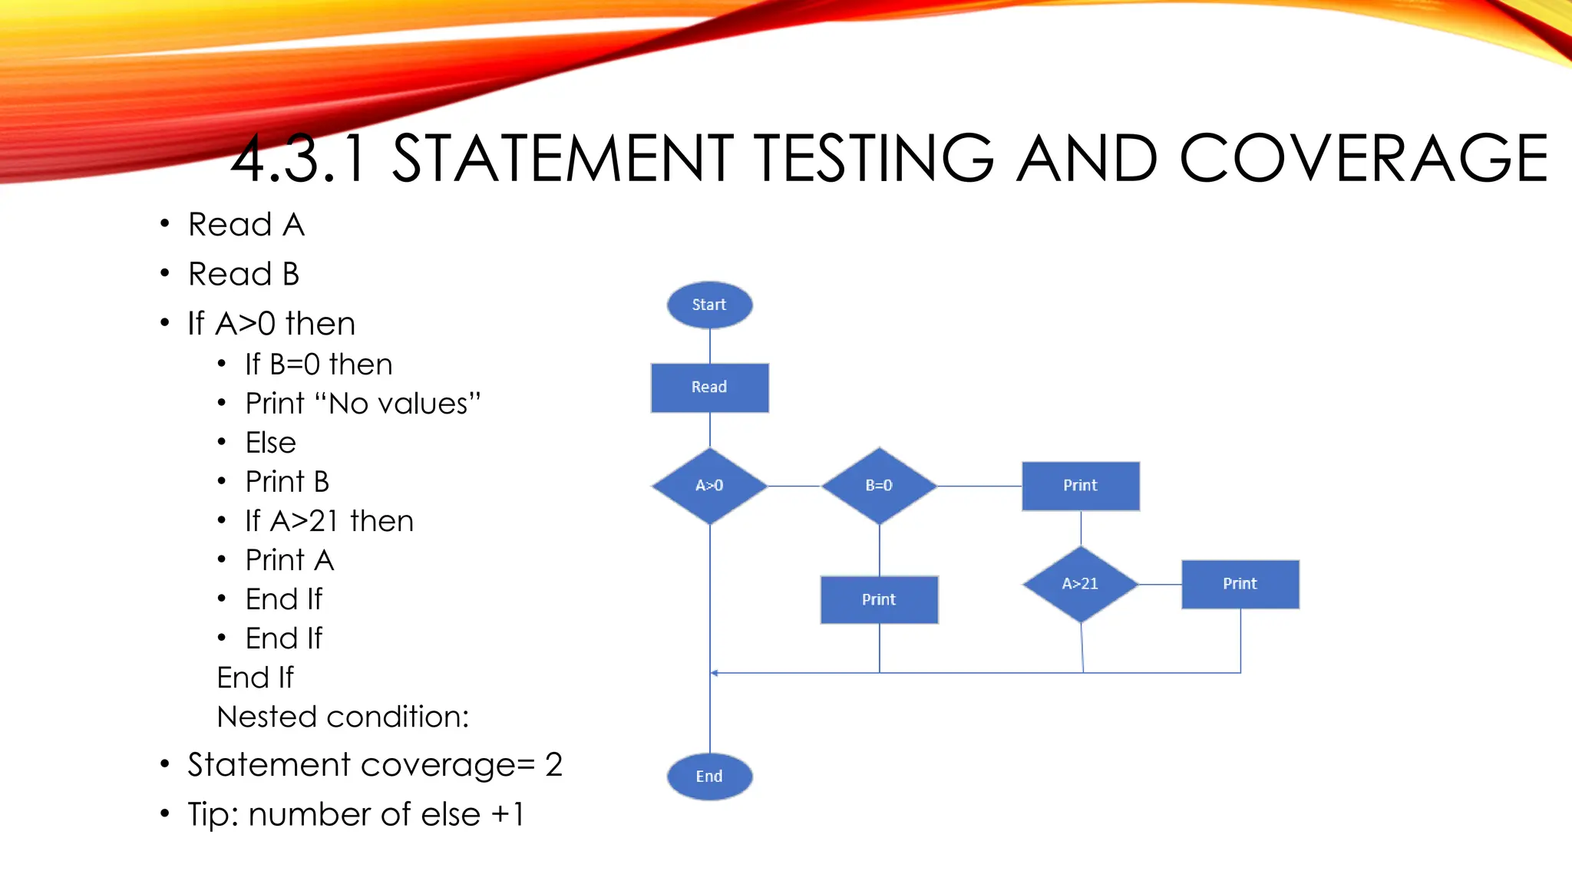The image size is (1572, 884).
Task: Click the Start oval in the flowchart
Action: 709,305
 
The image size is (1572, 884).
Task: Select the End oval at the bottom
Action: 709,777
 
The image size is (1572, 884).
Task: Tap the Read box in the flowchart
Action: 709,388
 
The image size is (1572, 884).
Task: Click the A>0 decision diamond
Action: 709,486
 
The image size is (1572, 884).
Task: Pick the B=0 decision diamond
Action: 879,486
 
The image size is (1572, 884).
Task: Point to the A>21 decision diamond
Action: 1080,584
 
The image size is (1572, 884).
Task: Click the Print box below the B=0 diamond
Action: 879,599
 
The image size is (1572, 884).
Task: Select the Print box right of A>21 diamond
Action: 1240,584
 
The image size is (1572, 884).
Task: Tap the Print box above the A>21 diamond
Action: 1080,486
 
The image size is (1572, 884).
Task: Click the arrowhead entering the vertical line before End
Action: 715,673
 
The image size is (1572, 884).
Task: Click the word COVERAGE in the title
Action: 1363,158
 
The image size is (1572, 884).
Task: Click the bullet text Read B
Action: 243,274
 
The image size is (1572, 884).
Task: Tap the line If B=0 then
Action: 319,364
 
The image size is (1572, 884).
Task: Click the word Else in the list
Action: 270,443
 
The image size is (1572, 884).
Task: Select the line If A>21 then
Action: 329,521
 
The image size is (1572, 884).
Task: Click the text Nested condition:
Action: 342,717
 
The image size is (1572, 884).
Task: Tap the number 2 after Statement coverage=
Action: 553,765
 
